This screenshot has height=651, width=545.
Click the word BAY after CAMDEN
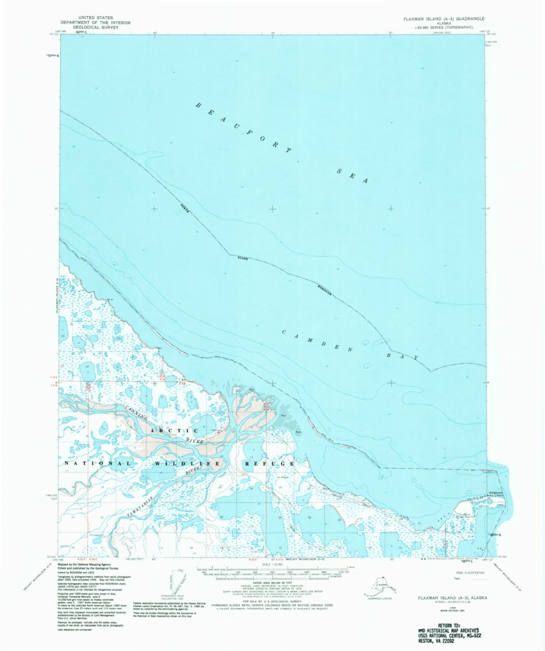407,355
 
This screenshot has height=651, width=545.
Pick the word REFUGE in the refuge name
271,463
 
